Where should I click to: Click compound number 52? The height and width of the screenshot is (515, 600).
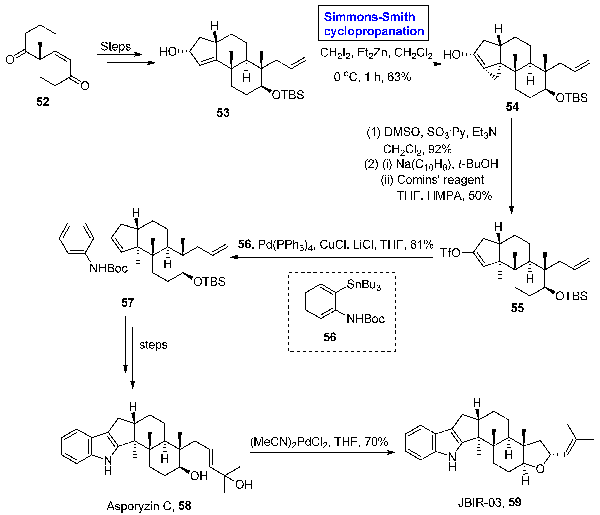43,102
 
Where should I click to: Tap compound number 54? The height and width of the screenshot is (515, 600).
512,107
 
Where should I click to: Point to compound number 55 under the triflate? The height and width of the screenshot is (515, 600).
517,308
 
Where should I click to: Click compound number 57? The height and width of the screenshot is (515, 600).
127,303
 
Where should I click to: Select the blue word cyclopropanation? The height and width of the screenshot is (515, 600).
374,31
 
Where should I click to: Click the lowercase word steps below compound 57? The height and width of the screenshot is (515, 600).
153,345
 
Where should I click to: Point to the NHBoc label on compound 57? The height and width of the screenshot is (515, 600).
109,269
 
